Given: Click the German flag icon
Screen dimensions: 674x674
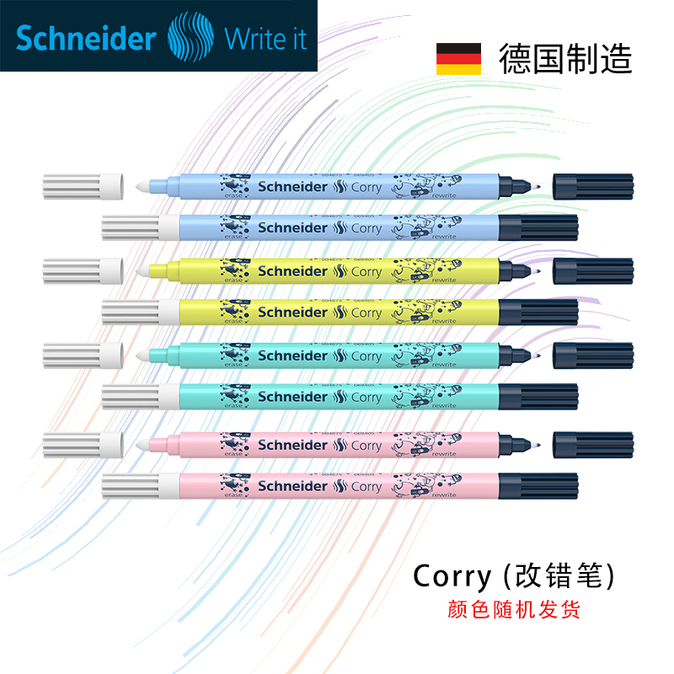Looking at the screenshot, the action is pos(458,59).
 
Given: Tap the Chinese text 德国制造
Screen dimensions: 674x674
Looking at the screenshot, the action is pos(564,59).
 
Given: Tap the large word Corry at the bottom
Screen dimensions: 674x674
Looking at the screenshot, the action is pos(452,576).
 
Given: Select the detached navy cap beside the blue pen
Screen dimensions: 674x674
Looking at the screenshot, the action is pos(592,186).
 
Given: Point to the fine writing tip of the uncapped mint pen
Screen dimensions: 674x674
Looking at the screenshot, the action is pos(538,355).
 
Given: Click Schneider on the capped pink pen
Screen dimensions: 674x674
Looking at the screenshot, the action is pos(292,486).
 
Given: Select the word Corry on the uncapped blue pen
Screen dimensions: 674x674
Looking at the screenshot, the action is pos(366,187).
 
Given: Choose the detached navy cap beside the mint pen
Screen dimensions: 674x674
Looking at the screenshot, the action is pos(592,355).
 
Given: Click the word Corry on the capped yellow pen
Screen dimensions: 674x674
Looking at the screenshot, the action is pos(366,313).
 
